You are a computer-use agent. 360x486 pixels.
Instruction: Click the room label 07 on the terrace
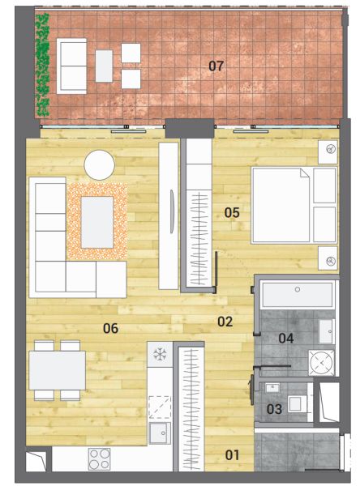216,66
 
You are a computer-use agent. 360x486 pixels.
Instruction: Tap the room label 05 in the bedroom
232,212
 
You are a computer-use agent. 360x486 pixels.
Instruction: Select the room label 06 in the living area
110,328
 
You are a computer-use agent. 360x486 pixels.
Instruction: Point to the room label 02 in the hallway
225,322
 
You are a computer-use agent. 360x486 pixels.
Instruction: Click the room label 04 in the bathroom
286,338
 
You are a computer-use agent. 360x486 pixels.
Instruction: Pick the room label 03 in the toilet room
274,409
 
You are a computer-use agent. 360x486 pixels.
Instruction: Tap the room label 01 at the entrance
232,455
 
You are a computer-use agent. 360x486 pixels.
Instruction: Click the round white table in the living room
99,165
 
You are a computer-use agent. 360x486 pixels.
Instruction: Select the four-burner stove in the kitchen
99,459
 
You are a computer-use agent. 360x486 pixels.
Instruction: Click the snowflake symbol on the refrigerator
160,354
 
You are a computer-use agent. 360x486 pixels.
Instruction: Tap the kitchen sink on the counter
160,433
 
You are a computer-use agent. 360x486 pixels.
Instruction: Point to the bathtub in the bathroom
298,295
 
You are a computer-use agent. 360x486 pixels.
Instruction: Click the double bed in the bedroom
294,205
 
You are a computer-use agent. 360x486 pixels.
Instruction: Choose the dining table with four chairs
57,370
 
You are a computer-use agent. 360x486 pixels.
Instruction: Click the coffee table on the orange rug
97,222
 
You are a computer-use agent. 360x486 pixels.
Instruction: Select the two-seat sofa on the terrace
71,66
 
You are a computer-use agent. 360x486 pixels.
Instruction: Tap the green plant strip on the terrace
42,65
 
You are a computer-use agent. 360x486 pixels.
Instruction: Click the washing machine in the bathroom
322,362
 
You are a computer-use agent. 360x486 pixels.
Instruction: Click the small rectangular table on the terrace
104,66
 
